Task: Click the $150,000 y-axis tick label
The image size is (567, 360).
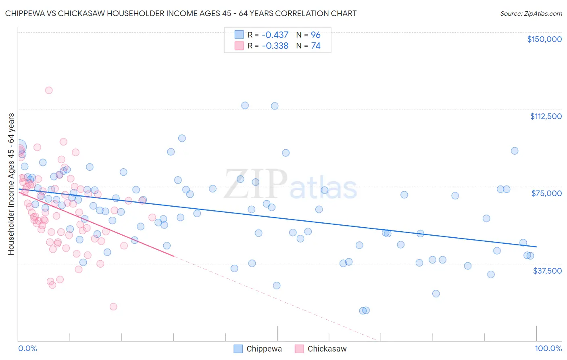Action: [x=544, y=39]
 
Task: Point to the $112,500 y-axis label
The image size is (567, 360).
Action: [x=546, y=116]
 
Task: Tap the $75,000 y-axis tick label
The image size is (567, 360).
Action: [x=546, y=193]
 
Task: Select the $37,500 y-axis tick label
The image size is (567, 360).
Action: [x=547, y=271]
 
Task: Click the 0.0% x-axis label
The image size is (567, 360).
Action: [x=27, y=348]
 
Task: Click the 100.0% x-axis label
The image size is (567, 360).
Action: [x=548, y=348]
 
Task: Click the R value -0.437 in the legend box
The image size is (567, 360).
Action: [x=275, y=35]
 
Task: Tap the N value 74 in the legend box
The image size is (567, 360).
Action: [x=316, y=46]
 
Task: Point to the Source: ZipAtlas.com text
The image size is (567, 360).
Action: [x=531, y=13]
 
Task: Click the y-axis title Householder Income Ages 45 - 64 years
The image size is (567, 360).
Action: [x=11, y=184]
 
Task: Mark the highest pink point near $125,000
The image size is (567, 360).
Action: [x=49, y=90]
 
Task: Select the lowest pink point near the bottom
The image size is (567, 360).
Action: [x=113, y=307]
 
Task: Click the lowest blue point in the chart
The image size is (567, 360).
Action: [x=363, y=310]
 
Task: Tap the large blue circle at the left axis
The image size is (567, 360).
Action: [x=19, y=147]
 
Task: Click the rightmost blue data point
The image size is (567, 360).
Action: [x=530, y=256]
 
